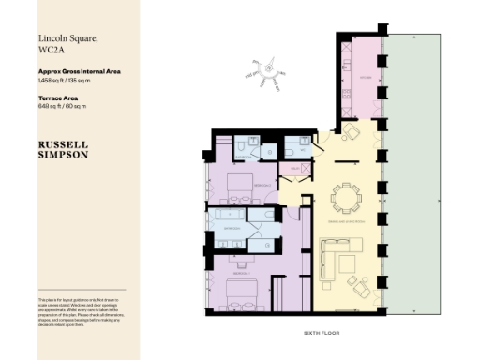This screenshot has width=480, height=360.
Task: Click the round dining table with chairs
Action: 346,198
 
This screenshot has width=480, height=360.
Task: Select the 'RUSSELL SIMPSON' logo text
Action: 64,150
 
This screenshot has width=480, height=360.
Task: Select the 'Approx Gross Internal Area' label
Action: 79,71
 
